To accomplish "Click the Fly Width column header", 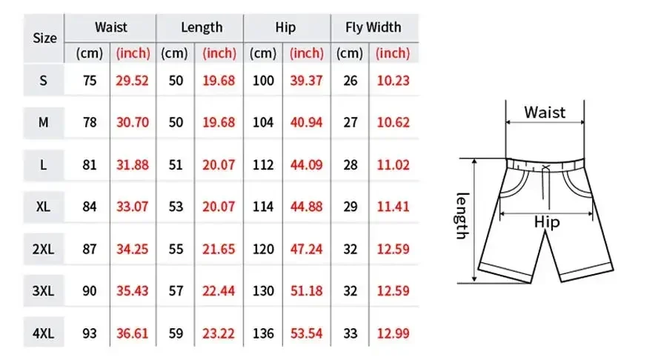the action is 373,27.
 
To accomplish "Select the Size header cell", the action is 44,38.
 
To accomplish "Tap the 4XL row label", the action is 43,333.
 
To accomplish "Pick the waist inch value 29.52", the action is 133,81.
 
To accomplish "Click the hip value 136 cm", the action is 263,333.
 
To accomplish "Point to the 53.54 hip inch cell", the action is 307,333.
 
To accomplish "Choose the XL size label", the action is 43,207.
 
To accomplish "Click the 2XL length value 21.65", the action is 219,249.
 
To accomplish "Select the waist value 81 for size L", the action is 90,165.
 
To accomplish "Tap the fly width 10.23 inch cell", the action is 393,81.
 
